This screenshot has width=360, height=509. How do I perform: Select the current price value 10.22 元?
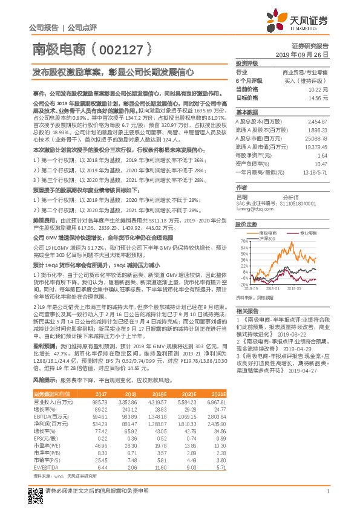tap(319, 89)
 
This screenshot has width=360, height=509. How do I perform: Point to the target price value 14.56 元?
tap(319, 97)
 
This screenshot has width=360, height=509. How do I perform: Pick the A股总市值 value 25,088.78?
tap(317, 138)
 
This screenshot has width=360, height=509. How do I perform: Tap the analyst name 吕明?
tap(242, 197)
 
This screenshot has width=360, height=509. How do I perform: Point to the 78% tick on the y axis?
tap(245, 241)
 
